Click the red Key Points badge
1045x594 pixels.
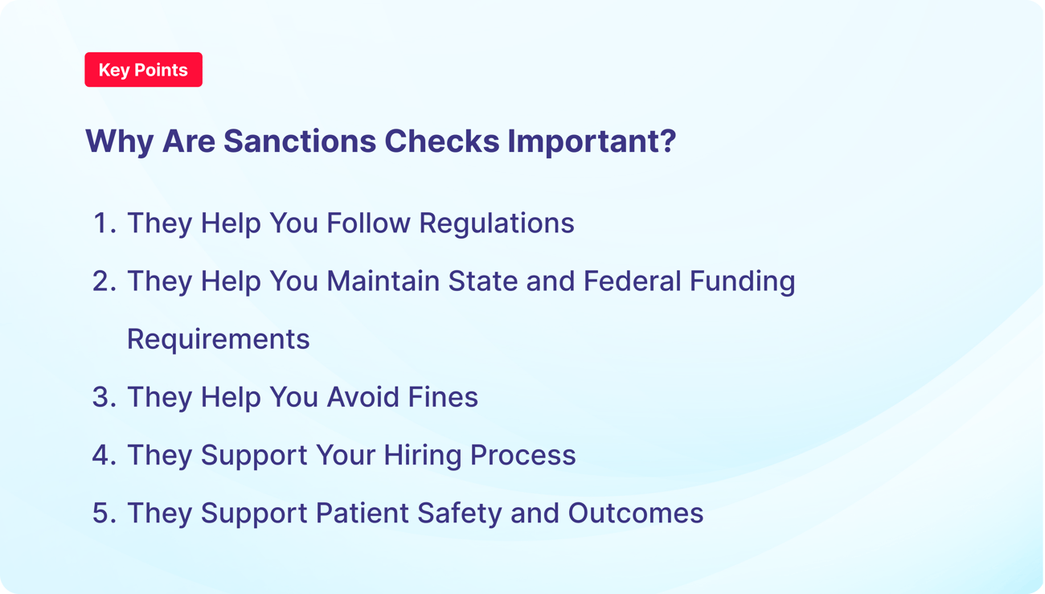coord(143,70)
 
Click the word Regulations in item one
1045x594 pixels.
coord(497,223)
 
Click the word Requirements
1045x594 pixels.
coord(218,339)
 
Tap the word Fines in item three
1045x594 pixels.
coord(443,397)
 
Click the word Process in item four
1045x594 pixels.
coord(522,455)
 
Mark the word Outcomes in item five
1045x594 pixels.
coord(636,513)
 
